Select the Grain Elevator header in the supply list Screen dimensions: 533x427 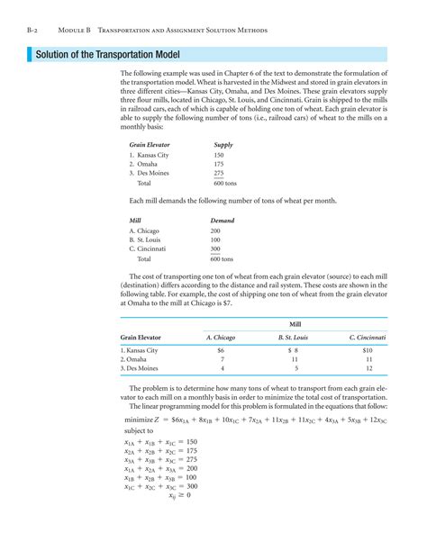point(150,145)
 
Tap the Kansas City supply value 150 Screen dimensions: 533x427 point(219,155)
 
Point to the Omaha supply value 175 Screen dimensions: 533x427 point(219,164)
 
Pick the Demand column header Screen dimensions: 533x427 point(222,221)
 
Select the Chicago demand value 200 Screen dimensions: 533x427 point(215,230)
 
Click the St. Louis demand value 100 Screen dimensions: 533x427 point(215,239)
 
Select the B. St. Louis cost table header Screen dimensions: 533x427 point(293,337)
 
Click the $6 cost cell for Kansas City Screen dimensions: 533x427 point(221,349)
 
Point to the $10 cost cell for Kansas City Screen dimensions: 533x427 point(367,349)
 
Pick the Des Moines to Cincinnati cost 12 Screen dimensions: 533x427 point(367,368)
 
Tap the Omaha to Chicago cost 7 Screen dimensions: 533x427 point(222,359)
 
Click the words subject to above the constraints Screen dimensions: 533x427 point(141,430)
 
